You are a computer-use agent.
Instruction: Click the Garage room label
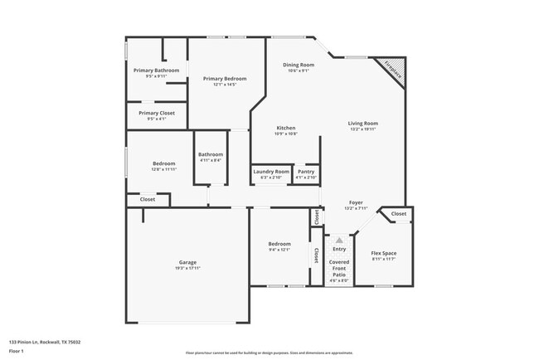187,261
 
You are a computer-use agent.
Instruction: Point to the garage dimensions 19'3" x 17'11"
187,268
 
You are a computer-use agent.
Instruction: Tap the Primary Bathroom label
156,71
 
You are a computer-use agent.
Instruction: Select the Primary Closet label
156,113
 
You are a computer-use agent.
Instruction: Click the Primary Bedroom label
225,79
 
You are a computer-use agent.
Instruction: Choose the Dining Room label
298,65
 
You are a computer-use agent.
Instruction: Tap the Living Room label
362,123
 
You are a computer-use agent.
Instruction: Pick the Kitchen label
286,128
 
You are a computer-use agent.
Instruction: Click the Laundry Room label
271,172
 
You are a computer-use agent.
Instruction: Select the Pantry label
306,172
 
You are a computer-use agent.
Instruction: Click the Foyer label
355,202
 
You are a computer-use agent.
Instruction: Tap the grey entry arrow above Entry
338,239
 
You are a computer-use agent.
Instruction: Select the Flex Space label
383,253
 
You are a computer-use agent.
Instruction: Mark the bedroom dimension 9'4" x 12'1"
279,250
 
